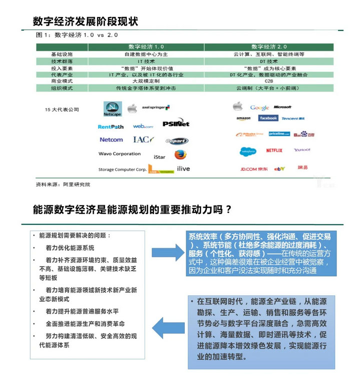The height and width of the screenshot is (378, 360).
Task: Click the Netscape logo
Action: coord(113,109)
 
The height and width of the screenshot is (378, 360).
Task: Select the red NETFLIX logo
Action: coord(274,150)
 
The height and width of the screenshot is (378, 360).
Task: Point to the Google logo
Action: coord(259,108)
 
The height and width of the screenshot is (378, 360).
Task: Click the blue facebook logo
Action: coord(268,118)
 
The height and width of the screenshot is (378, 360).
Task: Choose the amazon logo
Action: coord(243,119)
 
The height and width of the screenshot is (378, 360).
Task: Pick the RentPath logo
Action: coord(111,127)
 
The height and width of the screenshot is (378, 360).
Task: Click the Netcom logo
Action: coord(111,140)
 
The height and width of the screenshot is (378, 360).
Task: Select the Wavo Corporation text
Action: coord(120,154)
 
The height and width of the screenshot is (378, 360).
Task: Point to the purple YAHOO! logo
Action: coord(302,150)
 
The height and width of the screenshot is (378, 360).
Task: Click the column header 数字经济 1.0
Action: coord(146,47)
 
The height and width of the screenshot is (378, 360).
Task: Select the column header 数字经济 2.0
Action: coord(269,47)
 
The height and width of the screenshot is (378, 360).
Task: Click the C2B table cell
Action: coord(269,81)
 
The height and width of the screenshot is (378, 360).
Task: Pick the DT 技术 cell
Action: coord(269,61)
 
